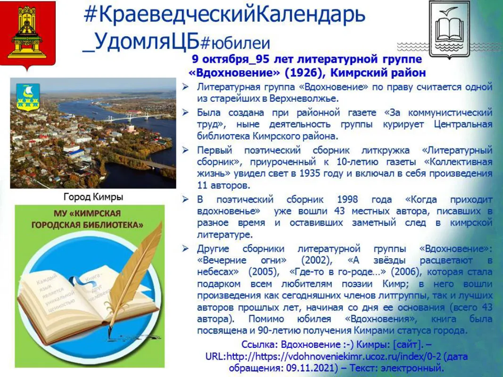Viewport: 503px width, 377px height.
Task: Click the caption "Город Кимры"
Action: (93, 197)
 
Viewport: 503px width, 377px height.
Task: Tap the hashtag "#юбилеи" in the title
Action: (235, 43)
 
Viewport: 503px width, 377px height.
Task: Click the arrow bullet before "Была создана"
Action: (186, 113)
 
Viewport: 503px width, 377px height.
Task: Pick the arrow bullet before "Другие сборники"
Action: (186, 248)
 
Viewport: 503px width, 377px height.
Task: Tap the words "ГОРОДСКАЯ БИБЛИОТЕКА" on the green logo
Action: (88, 225)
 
